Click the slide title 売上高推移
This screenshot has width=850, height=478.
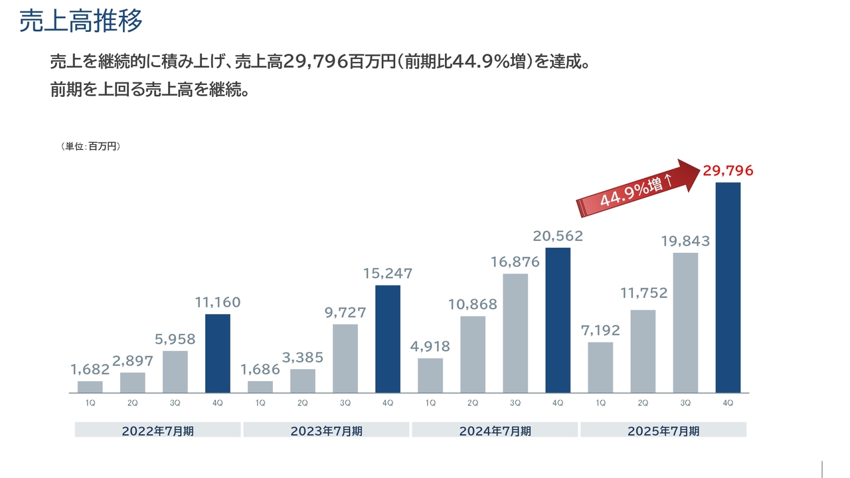(x=81, y=21)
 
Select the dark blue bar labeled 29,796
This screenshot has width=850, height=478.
(x=728, y=287)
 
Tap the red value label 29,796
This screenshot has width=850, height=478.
(x=728, y=171)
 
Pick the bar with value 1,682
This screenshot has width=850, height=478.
(x=90, y=386)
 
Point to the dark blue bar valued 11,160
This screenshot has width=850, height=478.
(x=218, y=353)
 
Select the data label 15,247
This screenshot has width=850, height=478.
(x=388, y=273)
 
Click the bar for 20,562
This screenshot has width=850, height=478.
(x=558, y=320)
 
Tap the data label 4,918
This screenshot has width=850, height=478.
(x=430, y=346)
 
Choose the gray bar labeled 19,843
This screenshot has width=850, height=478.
(x=685, y=323)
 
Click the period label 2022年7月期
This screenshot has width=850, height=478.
(x=158, y=431)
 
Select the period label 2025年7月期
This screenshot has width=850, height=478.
(x=663, y=431)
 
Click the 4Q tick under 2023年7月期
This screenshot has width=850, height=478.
(x=388, y=403)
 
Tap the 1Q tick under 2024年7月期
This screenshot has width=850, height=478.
(x=430, y=403)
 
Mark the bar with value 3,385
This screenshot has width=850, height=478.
(x=303, y=380)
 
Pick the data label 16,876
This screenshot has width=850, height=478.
(x=515, y=262)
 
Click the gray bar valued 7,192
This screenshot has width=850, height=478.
(x=600, y=367)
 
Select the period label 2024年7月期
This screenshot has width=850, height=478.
(x=495, y=431)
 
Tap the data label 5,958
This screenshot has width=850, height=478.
(x=175, y=339)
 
